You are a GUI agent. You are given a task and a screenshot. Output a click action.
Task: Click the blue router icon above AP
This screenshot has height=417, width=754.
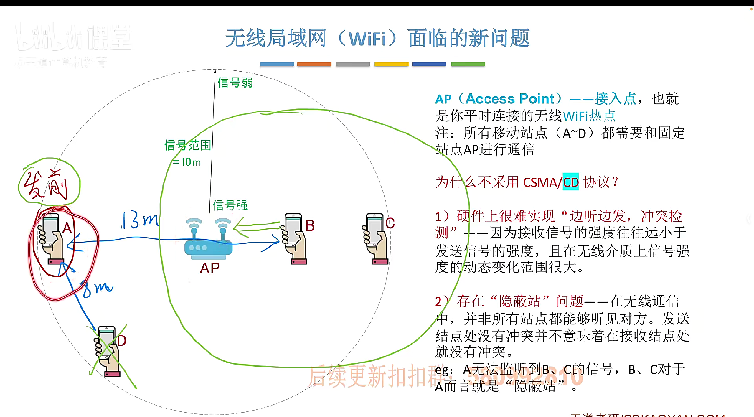tap(208, 239)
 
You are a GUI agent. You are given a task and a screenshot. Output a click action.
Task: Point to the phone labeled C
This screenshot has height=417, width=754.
tap(375, 239)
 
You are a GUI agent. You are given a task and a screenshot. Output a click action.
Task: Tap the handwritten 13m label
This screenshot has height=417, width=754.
tap(140, 220)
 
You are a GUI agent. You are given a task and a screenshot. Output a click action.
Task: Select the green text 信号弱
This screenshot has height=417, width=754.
tap(235, 83)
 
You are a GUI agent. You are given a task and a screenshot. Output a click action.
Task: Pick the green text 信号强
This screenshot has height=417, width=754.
tap(230, 205)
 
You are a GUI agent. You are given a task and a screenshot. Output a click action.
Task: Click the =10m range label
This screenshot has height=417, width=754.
tap(187, 162)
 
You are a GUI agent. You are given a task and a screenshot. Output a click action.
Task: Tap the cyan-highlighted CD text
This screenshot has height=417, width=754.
tap(570, 182)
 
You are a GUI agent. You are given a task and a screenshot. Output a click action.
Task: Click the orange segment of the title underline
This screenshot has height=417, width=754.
tap(314, 64)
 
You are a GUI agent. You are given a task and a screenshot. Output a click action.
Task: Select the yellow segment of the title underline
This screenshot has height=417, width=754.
tap(391, 64)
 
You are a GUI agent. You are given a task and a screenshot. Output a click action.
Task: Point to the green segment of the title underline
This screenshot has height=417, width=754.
tap(468, 64)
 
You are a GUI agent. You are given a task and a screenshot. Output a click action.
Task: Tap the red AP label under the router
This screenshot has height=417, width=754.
tap(209, 268)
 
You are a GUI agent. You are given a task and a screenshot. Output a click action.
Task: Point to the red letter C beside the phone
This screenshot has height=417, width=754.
tap(390, 223)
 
